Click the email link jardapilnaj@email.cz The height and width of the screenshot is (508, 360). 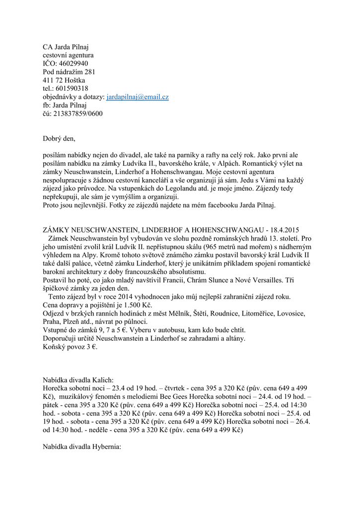[x=138, y=97]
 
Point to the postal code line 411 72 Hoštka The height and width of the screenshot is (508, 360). [x=64, y=80]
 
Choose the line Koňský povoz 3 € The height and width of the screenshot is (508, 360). [x=70, y=347]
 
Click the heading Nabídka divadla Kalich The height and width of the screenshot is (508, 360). [x=78, y=380]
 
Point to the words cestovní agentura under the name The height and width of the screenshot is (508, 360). [x=68, y=55]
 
